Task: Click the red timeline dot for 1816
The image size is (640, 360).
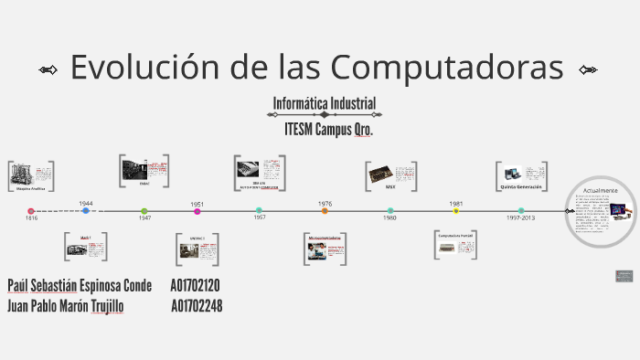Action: click(x=31, y=211)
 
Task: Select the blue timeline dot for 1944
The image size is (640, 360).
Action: click(x=86, y=211)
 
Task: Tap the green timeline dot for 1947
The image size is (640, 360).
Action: click(x=144, y=211)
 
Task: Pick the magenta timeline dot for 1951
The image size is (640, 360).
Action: click(x=197, y=211)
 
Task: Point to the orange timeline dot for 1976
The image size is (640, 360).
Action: click(x=325, y=211)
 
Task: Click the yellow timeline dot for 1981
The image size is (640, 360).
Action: click(x=456, y=211)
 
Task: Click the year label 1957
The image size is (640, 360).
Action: click(x=260, y=218)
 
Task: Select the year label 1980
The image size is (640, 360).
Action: click(x=389, y=218)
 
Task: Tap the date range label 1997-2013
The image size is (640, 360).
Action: click(x=521, y=218)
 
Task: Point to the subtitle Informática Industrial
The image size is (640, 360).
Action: click(x=325, y=103)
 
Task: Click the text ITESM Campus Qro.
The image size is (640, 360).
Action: click(x=329, y=129)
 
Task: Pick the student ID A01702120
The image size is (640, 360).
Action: click(x=196, y=285)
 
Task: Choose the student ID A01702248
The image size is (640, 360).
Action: click(x=197, y=306)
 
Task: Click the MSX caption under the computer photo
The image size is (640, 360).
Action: click(x=390, y=187)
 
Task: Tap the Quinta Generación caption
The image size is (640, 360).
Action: click(x=521, y=186)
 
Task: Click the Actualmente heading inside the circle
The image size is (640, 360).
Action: click(x=601, y=190)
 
